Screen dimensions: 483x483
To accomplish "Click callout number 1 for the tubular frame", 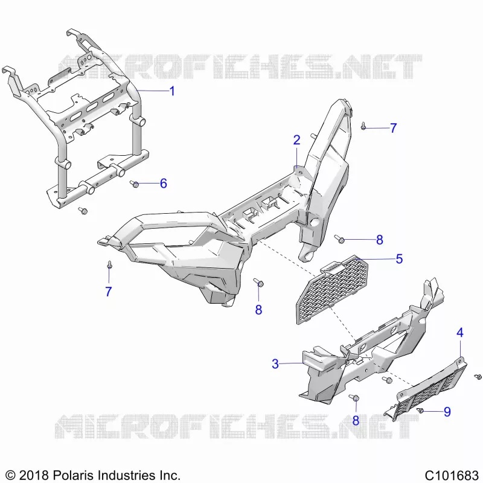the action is coord(173,91).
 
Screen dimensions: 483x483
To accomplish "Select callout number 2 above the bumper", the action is coord(296,140).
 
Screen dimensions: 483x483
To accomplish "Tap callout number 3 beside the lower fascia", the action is coord(275,364).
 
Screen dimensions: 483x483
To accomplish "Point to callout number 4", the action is coord(460,333).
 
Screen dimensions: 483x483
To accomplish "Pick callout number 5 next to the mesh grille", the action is coord(399,259).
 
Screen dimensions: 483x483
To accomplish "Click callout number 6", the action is coord(164,184).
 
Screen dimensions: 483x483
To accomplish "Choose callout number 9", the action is coord(447,412).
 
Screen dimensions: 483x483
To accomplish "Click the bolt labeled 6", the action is coord(134,184).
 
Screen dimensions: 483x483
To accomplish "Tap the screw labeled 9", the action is coord(420,411).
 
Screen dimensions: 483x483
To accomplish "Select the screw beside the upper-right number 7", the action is coord(363,126).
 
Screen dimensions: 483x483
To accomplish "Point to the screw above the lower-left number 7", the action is coord(109,265).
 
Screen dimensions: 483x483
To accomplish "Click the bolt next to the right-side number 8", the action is coord(339,239).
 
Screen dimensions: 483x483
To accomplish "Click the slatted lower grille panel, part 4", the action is coord(427,389).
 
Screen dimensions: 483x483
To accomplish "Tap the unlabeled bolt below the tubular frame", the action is coord(83,211).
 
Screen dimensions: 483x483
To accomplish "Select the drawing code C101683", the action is coord(451,475).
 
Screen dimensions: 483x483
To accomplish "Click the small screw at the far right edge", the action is coord(478,376).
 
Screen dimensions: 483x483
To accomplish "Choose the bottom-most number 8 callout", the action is coord(356,420).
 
